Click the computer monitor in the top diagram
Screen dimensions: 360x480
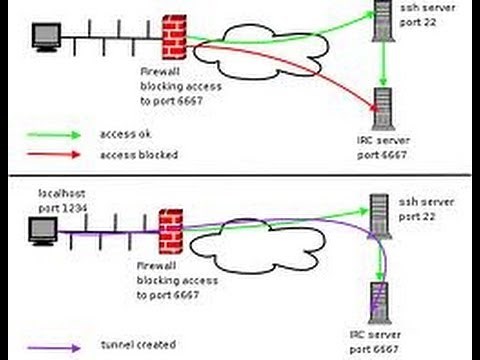[46, 38]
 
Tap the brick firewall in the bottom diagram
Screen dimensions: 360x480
[171, 231]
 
